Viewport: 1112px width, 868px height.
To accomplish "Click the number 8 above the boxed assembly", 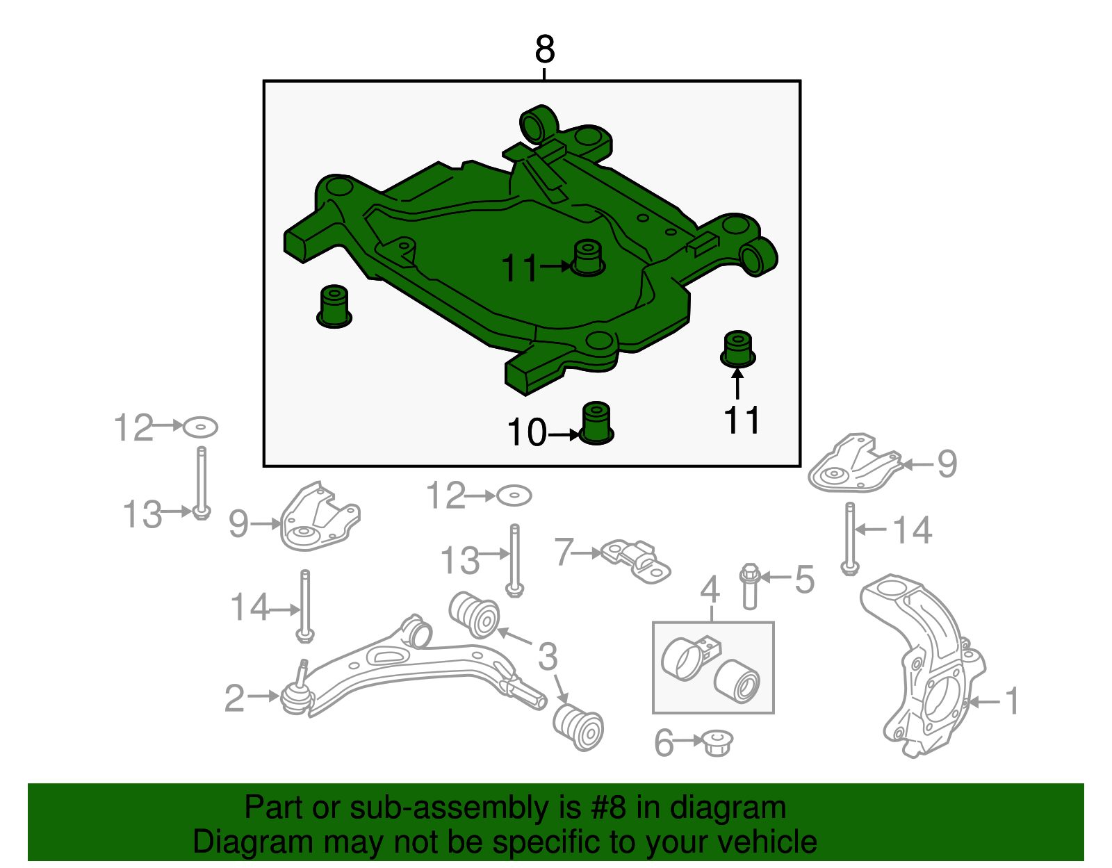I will (x=545, y=50).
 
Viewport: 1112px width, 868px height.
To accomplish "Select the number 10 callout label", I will (x=527, y=433).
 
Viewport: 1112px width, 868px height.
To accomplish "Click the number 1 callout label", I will (x=1012, y=701).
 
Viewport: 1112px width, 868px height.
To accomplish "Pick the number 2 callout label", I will (x=234, y=698).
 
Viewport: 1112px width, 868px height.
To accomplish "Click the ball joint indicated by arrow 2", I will (x=295, y=696).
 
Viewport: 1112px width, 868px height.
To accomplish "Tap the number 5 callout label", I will (x=804, y=579).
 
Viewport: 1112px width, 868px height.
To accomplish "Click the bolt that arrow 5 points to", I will (x=749, y=587).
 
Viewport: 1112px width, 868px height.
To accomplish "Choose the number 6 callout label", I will (x=664, y=743).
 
